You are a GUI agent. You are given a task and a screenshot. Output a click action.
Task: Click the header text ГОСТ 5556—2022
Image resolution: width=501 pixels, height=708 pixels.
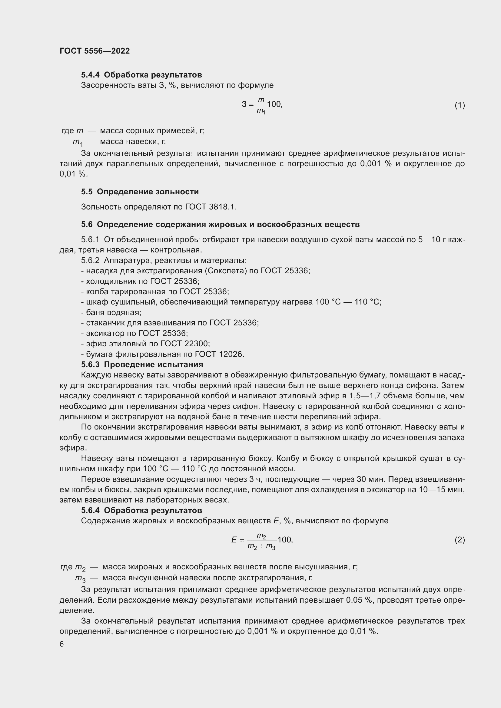(x=95, y=51)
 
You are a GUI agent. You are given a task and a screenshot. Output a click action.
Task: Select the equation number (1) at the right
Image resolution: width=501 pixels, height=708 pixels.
(x=460, y=105)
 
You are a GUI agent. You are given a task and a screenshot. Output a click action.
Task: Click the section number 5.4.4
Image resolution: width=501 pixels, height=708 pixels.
(x=90, y=75)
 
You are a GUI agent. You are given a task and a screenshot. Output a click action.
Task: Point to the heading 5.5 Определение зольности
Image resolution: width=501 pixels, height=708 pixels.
(x=140, y=192)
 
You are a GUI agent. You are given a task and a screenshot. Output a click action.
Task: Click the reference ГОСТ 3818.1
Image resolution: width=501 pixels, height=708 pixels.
(x=211, y=207)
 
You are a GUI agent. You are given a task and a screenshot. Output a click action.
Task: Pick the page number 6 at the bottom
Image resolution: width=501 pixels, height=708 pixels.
(x=62, y=644)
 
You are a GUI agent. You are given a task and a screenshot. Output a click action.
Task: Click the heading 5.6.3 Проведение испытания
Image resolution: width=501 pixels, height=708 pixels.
(x=142, y=364)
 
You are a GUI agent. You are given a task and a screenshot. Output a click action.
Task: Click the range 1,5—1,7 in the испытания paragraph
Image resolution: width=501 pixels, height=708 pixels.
(x=366, y=396)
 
